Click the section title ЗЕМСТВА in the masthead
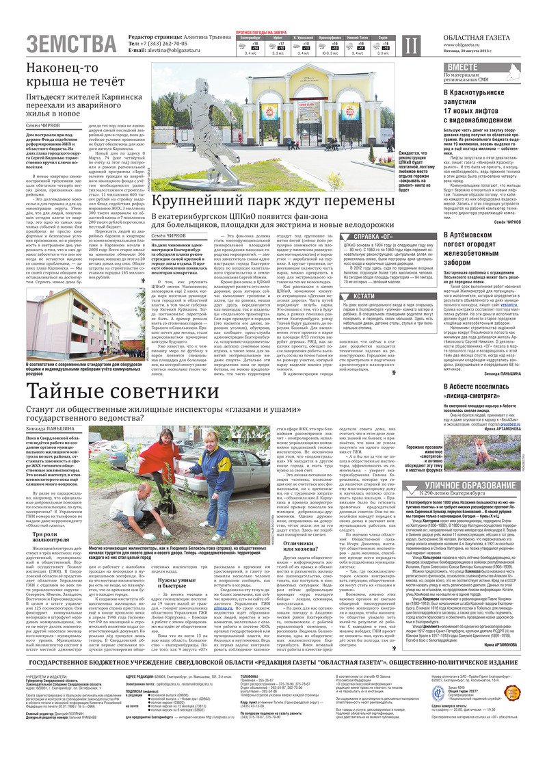click(x=71, y=44)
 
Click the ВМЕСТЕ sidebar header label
click(x=463, y=66)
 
